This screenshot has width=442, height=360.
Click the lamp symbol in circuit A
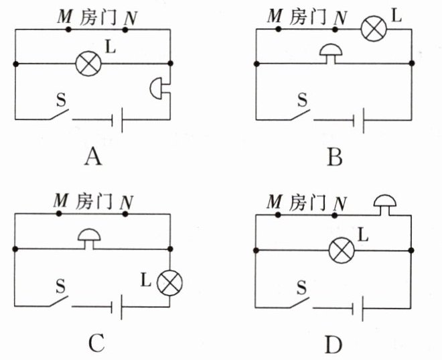(x=88, y=64)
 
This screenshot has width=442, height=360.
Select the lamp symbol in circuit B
(x=374, y=29)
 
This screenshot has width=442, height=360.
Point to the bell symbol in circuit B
(x=331, y=54)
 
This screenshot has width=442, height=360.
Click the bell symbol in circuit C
(x=89, y=239)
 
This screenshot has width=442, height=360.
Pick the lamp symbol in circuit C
(x=169, y=283)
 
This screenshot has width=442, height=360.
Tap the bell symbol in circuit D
(x=385, y=205)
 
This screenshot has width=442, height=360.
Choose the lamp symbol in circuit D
(x=342, y=251)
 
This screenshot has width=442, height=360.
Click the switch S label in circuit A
(x=61, y=100)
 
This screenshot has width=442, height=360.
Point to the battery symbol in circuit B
(x=358, y=120)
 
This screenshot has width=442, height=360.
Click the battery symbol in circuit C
(x=117, y=307)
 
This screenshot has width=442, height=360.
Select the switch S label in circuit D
(x=301, y=288)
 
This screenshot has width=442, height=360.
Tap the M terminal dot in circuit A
(x=68, y=29)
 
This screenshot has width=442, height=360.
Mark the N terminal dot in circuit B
(x=335, y=29)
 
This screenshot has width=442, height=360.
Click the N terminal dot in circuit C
(x=125, y=214)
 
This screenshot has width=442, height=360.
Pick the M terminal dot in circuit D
(x=278, y=215)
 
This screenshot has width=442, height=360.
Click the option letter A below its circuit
(x=93, y=157)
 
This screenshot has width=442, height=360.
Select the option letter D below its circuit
(x=334, y=345)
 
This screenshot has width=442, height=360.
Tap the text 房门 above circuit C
(x=94, y=201)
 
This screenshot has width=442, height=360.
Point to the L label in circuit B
(x=396, y=16)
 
